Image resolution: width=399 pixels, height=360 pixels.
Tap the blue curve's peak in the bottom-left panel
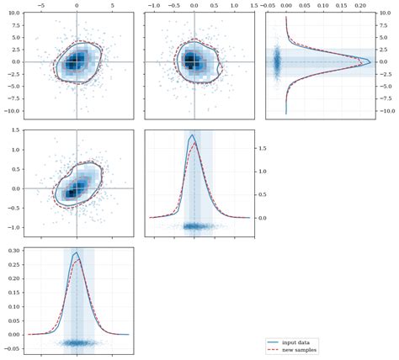[77, 252]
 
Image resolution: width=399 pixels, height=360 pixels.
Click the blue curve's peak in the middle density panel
[193, 135]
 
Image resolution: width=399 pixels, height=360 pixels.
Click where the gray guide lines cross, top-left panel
[77, 62]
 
